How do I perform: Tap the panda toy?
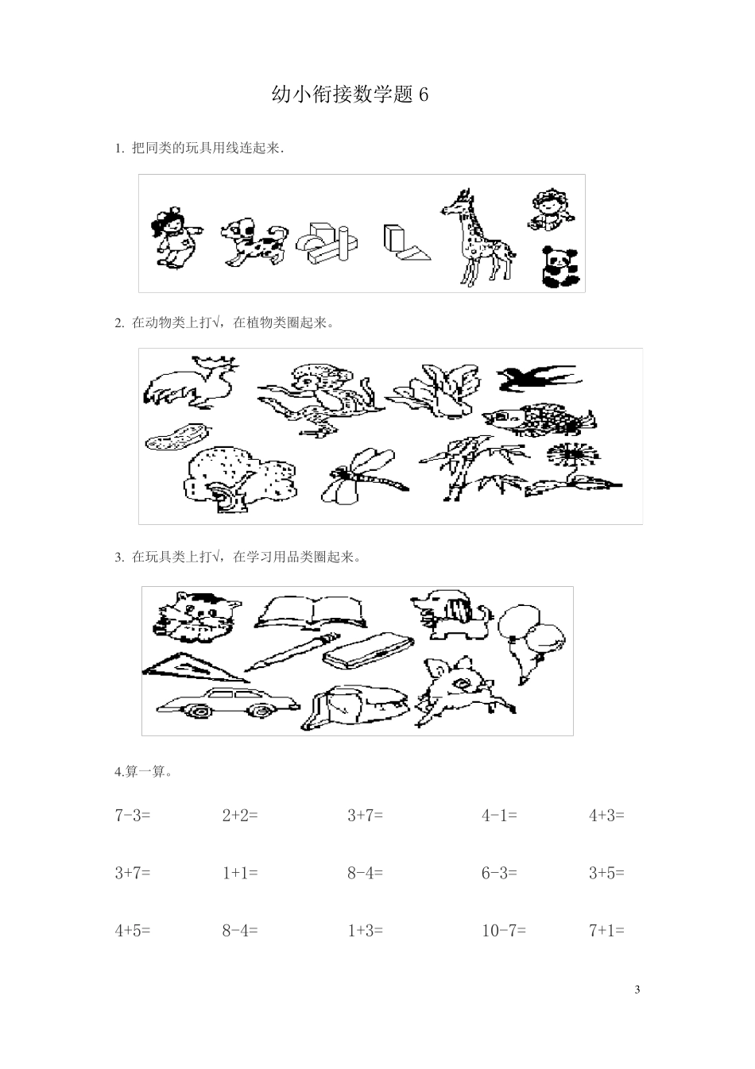(560, 267)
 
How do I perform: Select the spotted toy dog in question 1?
(253, 241)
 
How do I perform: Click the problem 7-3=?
(133, 815)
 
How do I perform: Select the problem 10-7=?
(504, 930)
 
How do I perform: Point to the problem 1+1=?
(240, 873)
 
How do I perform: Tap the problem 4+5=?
(133, 930)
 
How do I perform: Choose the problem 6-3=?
(499, 873)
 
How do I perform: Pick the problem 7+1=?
(606, 930)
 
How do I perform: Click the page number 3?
(637, 990)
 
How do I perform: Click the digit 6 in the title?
(423, 95)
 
